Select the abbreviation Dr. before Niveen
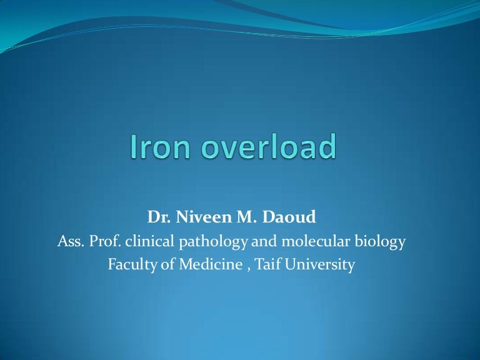(x=158, y=217)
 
